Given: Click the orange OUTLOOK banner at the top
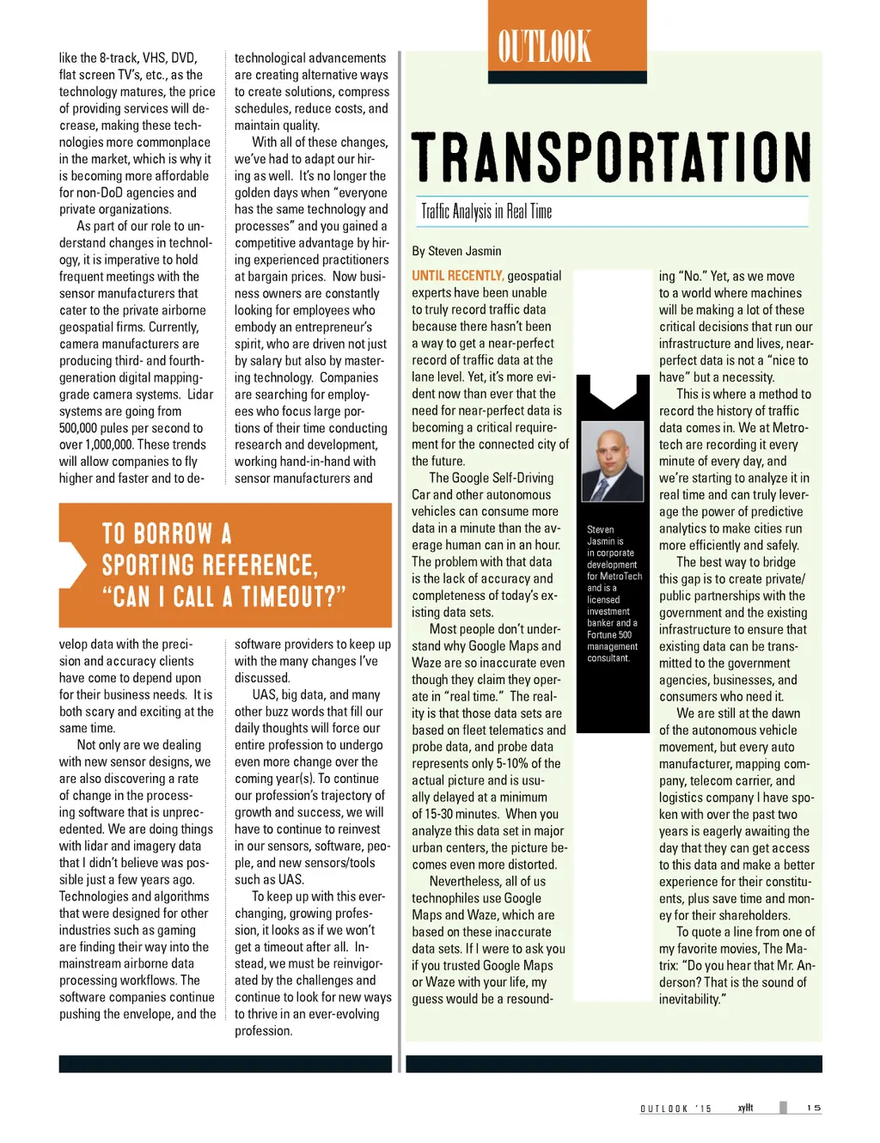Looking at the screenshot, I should coord(566,41).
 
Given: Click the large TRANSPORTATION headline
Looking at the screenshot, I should coord(611,157).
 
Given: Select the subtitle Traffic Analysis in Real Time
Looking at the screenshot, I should coord(486,211).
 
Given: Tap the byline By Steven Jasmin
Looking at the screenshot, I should coord(456,251).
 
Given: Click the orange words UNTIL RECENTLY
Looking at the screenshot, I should coord(457,276).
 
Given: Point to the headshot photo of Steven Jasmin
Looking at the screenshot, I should coord(612,461).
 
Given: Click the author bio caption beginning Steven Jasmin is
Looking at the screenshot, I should coord(613,593).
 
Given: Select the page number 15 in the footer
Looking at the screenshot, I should coord(813,1108).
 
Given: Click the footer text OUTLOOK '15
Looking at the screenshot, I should coord(675,1109).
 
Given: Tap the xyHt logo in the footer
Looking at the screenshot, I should coord(745,1108).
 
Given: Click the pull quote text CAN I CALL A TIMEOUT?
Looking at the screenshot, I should coord(223,596).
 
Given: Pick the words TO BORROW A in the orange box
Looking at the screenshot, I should coord(167,534).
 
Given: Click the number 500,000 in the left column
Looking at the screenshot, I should coord(83,428).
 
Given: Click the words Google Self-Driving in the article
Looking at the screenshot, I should coord(503,478).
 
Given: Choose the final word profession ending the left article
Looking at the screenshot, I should coord(263,1030).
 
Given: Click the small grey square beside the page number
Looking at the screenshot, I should coord(783,1108).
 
